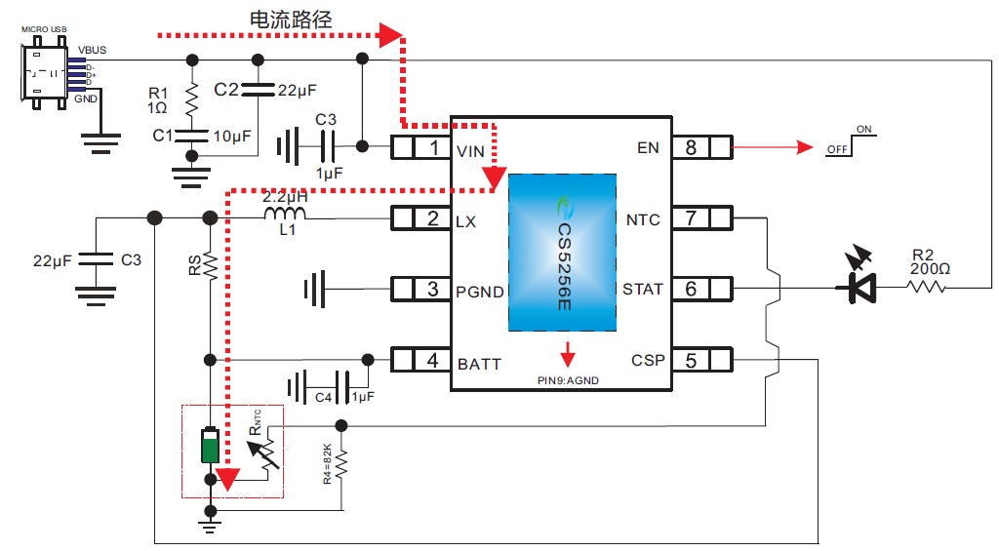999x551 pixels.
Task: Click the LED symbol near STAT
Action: tap(859, 286)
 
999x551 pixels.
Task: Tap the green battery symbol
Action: tap(209, 445)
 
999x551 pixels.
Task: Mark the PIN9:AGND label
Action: tap(567, 380)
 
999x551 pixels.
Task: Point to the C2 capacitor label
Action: tap(226, 90)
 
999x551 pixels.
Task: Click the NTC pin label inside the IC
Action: tap(643, 219)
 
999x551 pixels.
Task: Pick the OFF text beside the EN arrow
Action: tap(836, 150)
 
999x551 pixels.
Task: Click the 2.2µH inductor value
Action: tap(285, 196)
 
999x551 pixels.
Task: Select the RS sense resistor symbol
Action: tap(208, 263)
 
